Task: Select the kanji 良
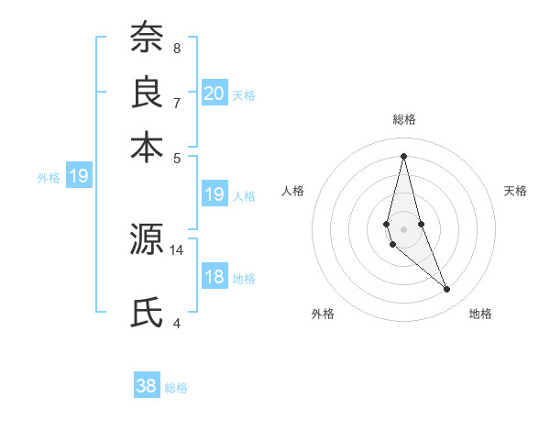tap(146, 92)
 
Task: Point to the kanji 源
tap(146, 239)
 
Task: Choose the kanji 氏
tap(146, 312)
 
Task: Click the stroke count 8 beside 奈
tap(176, 48)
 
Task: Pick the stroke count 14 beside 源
tap(177, 249)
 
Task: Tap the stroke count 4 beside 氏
tap(176, 322)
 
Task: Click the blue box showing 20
tap(214, 94)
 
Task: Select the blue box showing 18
tap(214, 277)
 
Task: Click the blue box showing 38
tap(147, 386)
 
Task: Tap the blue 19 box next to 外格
tap(79, 176)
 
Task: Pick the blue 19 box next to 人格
tap(214, 194)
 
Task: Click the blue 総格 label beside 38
tap(176, 388)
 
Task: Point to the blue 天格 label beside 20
tap(244, 95)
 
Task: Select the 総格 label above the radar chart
tap(403, 119)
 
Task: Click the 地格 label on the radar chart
tap(480, 314)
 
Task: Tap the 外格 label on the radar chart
tap(323, 314)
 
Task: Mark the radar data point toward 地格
tap(447, 290)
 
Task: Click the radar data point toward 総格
tap(403, 155)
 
